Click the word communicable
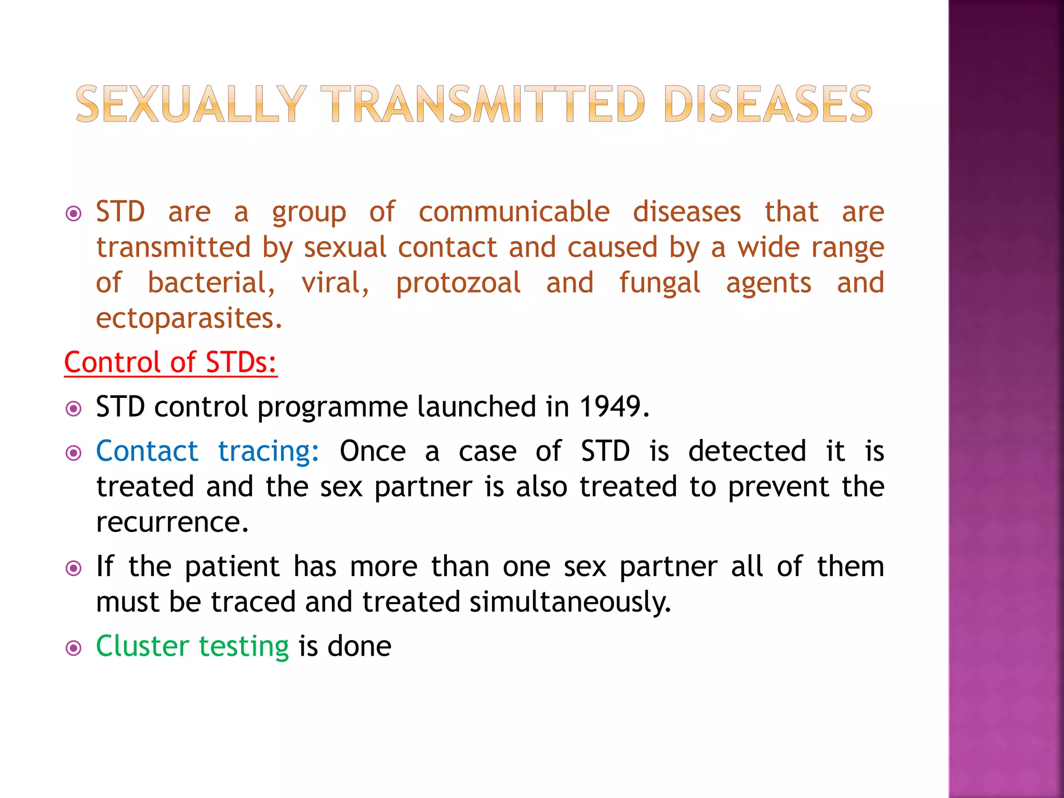pos(514,212)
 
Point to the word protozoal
pos(458,284)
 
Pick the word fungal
pos(659,284)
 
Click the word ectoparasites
pos(189,318)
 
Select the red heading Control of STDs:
pos(170,362)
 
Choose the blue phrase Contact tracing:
pos(207,451)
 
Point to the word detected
pos(747,451)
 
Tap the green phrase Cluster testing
pos(192,647)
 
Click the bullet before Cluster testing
pos(74,648)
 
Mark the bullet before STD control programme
pos(74,409)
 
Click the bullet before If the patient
pos(74,568)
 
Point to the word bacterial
pos(211,284)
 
